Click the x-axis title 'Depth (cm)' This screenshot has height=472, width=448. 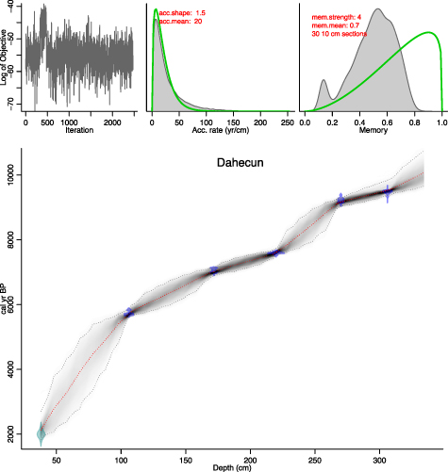click(x=233, y=467)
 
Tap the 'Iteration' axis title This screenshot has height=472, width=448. click(x=80, y=129)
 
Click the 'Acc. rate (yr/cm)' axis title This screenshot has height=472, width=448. click(x=222, y=129)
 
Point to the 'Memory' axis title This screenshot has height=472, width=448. click(x=372, y=129)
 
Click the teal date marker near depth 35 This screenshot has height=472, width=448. click(x=41, y=432)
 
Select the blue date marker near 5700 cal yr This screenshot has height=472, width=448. click(x=128, y=312)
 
